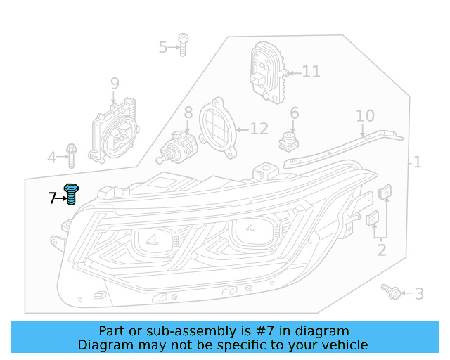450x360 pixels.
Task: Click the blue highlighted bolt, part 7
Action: pyautogui.click(x=70, y=193)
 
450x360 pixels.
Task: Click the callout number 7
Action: pyautogui.click(x=52, y=198)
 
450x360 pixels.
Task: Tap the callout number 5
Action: pyautogui.click(x=163, y=48)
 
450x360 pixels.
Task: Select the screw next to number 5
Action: pyautogui.click(x=182, y=44)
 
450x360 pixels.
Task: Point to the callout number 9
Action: pyautogui.click(x=115, y=85)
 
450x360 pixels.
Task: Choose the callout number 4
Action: pyautogui.click(x=51, y=157)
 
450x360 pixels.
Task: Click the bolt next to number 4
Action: pyautogui.click(x=71, y=156)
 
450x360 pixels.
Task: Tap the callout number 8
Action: pyautogui.click(x=188, y=112)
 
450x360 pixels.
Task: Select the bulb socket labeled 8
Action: pyautogui.click(x=179, y=145)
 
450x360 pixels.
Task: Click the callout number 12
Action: pyautogui.click(x=259, y=129)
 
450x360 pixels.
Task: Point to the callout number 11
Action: pyautogui.click(x=311, y=72)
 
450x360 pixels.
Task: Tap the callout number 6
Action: pyautogui.click(x=295, y=113)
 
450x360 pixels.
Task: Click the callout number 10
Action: pyautogui.click(x=365, y=116)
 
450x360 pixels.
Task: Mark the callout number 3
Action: pyautogui.click(x=419, y=294)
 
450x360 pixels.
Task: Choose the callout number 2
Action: pyautogui.click(x=382, y=250)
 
